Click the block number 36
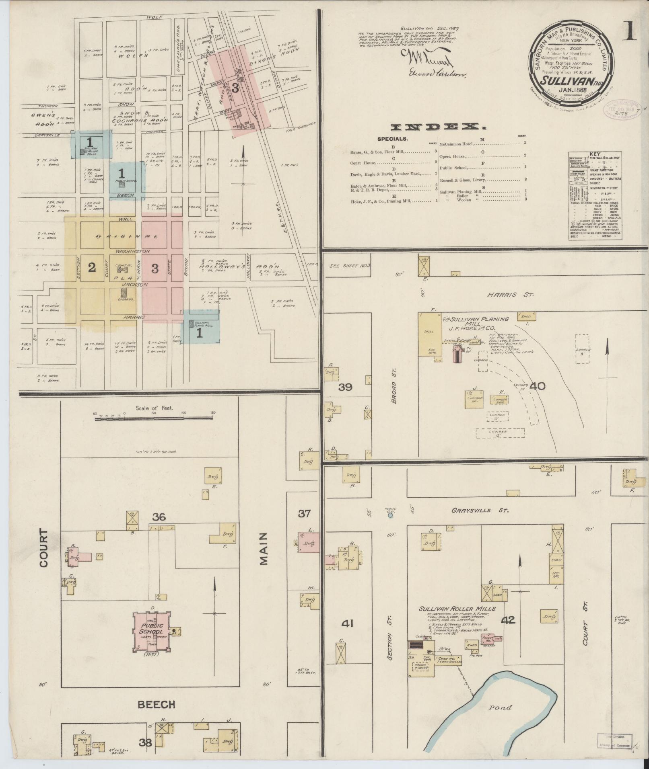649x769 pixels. tap(159, 517)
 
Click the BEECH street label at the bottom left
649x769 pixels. tap(157, 704)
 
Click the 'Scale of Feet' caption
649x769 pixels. tap(154, 408)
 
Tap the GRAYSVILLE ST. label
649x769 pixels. tap(480, 510)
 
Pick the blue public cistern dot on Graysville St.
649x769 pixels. tap(389, 515)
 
